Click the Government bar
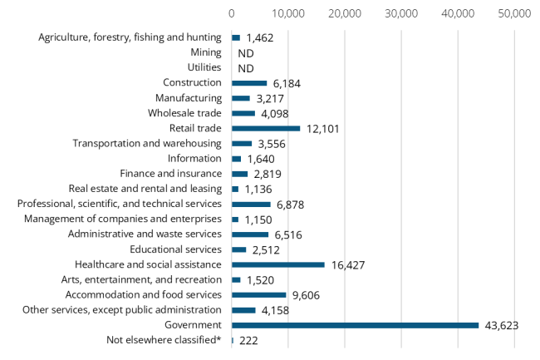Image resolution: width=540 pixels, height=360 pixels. click(355, 325)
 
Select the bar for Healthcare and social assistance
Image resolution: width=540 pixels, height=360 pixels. click(277, 264)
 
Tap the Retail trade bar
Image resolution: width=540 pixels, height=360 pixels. click(266, 128)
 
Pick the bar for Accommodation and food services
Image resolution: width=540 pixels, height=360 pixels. click(258, 294)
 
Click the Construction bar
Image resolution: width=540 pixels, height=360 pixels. click(249, 83)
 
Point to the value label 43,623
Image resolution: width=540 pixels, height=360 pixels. click(501, 325)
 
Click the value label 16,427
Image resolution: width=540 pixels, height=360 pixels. click(348, 264)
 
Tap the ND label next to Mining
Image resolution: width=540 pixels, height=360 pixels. click(246, 53)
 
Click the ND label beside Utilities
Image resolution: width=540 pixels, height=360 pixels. click(246, 68)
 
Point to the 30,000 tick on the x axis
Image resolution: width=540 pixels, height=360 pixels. click(401, 14)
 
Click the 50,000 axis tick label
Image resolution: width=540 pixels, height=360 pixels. click(514, 14)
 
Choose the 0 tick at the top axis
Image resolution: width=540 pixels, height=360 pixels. click(232, 14)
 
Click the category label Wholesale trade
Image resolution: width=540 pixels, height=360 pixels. click(184, 113)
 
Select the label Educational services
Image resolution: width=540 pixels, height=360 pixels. click(175, 249)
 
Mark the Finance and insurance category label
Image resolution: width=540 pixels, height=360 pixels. click(170, 174)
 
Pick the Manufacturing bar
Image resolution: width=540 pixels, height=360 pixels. click(241, 98)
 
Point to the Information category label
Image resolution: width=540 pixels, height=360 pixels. click(194, 158)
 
